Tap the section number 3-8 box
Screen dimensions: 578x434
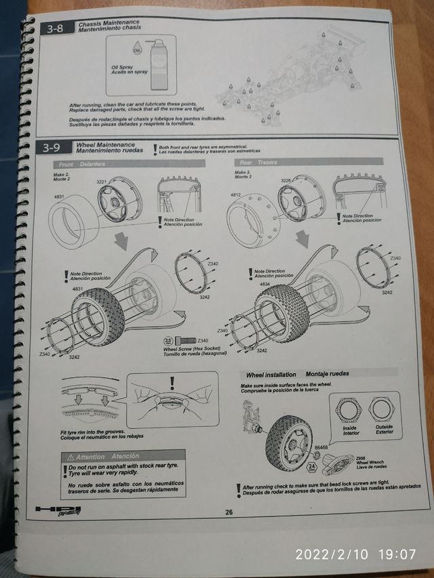(x=54, y=28)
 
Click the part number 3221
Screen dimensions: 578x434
(x=102, y=182)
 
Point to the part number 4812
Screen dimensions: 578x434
(x=237, y=195)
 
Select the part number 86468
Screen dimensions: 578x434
(x=321, y=447)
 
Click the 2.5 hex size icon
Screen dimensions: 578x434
(x=168, y=340)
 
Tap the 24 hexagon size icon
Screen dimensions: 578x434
(x=312, y=466)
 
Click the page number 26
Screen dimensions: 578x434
(x=229, y=512)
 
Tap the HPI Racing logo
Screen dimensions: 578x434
(x=58, y=510)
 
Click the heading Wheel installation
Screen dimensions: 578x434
(x=271, y=374)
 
